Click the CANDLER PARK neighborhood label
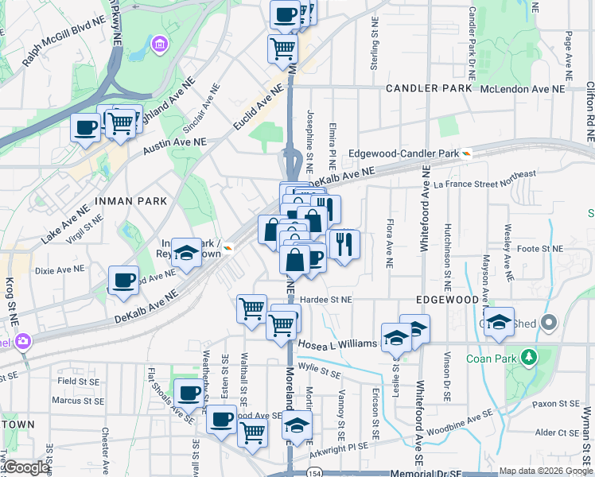(429, 88)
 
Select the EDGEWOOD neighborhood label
(447, 300)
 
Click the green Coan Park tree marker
(527, 357)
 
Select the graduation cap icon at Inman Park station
(186, 254)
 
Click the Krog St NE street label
(14, 299)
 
